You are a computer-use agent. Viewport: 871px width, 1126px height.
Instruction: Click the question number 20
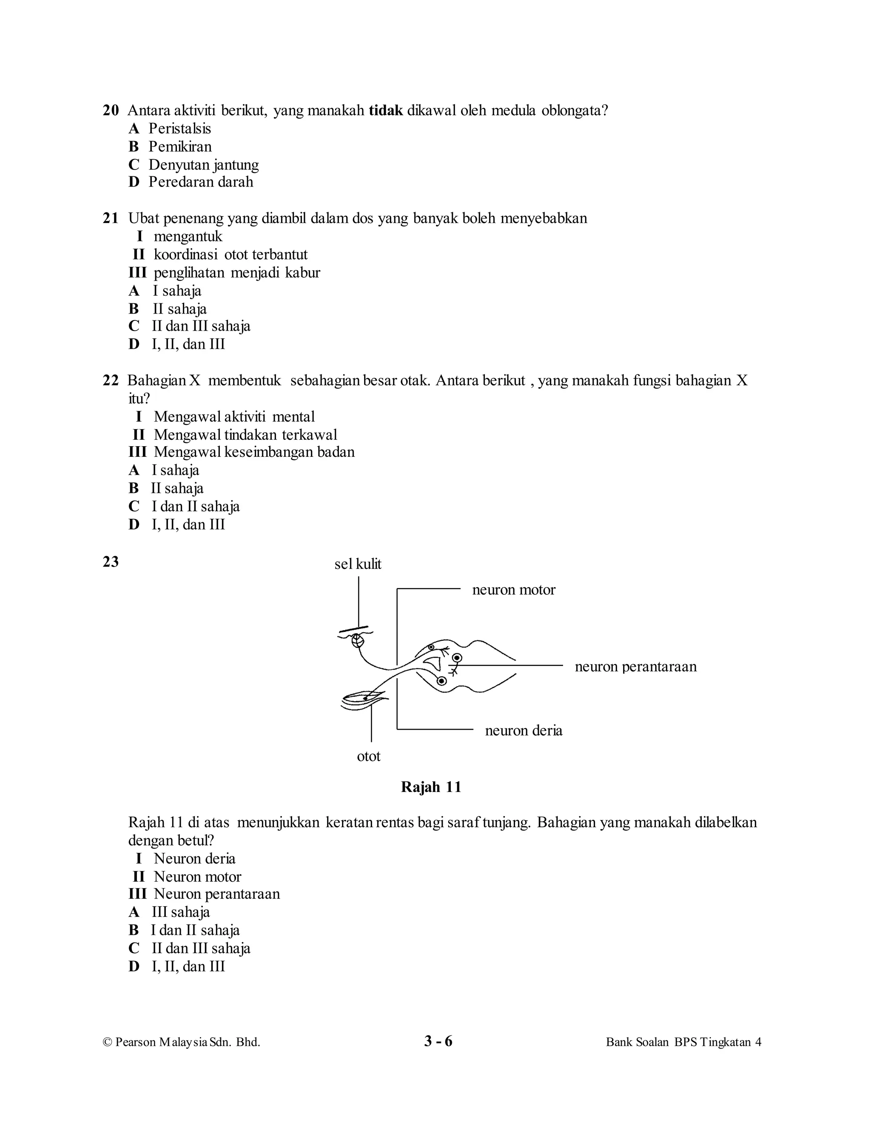coord(111,110)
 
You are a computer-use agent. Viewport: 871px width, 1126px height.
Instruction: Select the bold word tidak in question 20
coord(385,110)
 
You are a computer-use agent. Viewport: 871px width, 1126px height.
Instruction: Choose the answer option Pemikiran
coord(180,147)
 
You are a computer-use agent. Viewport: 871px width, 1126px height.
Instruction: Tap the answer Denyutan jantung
coord(203,164)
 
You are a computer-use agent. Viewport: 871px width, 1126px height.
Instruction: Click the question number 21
coord(111,218)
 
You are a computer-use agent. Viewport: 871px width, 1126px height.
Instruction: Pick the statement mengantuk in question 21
coord(188,236)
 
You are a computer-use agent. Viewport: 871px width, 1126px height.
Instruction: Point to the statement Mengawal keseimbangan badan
coord(254,452)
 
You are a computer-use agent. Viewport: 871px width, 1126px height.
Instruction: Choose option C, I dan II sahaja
coord(195,506)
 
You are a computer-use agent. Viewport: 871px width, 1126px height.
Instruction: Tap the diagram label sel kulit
coord(358,564)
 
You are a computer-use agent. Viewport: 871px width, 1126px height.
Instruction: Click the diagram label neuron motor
coord(513,590)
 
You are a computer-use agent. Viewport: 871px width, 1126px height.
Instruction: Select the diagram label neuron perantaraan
coord(636,667)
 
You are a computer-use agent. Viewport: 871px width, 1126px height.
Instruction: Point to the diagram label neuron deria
coord(523,730)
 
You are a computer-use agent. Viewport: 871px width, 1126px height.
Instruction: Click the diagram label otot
coord(368,756)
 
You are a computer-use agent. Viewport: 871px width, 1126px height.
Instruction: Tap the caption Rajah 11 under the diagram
coord(431,787)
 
